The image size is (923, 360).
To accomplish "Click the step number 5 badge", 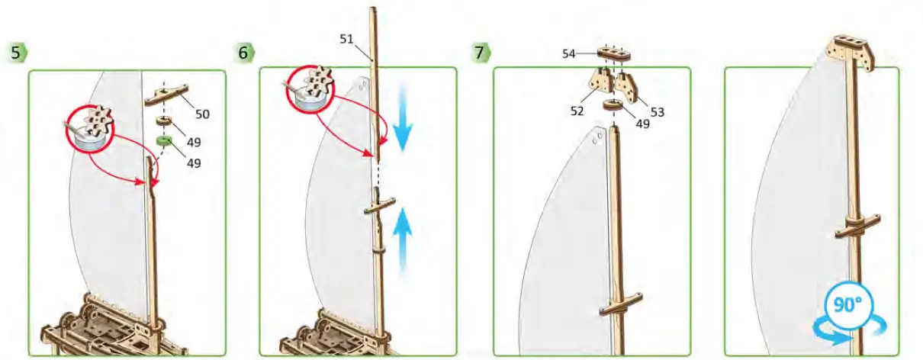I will pos(18,53).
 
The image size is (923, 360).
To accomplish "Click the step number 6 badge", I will pos(245,53).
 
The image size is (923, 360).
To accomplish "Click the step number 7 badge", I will pos(481,53).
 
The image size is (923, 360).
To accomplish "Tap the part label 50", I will pos(201,114).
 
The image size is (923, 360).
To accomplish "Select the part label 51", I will pos(347,39).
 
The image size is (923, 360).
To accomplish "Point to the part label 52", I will pos(577,111).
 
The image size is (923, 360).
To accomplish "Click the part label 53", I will pos(657,111).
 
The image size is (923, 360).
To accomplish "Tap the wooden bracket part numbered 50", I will pos(170,93).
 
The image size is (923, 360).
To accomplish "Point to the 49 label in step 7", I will pos(642,124).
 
